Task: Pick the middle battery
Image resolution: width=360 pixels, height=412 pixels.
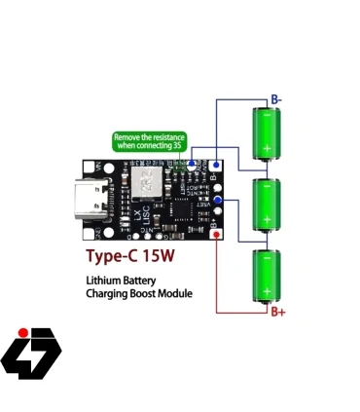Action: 266,204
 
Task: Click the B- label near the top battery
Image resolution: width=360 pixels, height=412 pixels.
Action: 276,99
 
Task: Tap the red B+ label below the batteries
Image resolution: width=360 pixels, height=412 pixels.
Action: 278,311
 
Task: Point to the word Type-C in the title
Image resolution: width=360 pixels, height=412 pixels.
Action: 116,258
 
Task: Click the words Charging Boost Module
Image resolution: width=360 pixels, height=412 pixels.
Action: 138,293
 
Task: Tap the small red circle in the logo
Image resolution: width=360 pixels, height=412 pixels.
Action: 21,332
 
